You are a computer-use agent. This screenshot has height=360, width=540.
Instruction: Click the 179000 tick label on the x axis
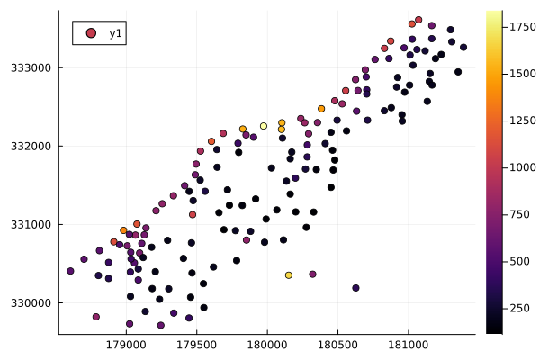(126, 344)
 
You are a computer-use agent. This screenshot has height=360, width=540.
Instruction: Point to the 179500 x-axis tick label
(196, 344)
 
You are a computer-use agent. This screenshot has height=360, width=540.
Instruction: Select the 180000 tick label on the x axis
(267, 344)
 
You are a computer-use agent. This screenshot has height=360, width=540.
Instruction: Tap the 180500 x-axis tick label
(337, 344)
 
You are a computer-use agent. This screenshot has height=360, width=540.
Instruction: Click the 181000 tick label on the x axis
(408, 344)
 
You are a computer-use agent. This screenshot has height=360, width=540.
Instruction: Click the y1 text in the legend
(116, 33)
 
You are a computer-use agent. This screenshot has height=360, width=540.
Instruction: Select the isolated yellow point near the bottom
(289, 275)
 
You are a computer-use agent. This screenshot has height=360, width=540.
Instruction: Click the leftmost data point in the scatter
(70, 271)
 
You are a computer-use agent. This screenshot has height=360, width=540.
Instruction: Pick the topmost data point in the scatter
(418, 20)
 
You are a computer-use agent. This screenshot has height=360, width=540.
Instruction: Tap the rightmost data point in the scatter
(463, 48)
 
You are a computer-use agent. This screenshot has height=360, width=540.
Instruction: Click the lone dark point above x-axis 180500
(355, 288)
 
